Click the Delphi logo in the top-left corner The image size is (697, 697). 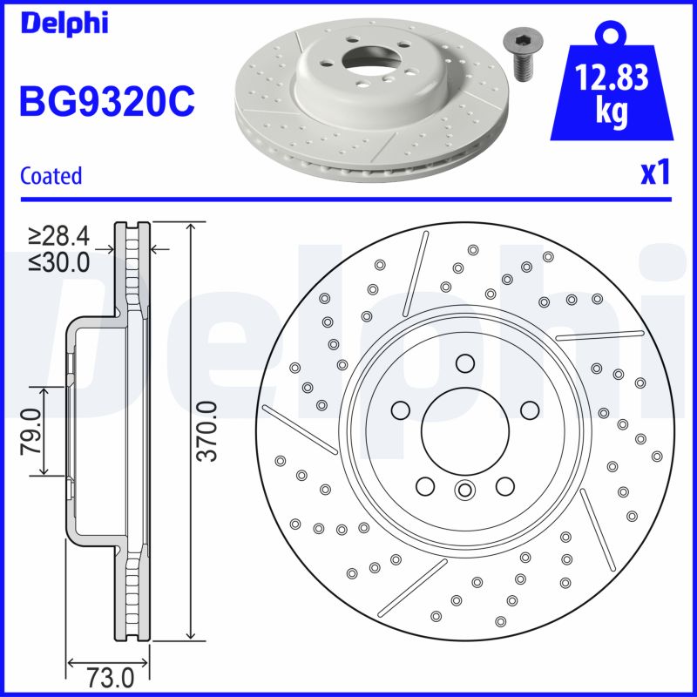[x=64, y=23]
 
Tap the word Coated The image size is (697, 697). [x=51, y=175]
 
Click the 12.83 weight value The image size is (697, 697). [x=612, y=79]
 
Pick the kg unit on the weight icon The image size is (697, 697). [x=612, y=113]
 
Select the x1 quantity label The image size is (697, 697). [x=655, y=173]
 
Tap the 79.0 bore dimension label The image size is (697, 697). [x=30, y=430]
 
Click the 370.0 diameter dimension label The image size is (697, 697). [x=207, y=430]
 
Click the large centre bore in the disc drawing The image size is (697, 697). [x=464, y=429]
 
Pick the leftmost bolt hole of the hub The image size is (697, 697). [x=401, y=409]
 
